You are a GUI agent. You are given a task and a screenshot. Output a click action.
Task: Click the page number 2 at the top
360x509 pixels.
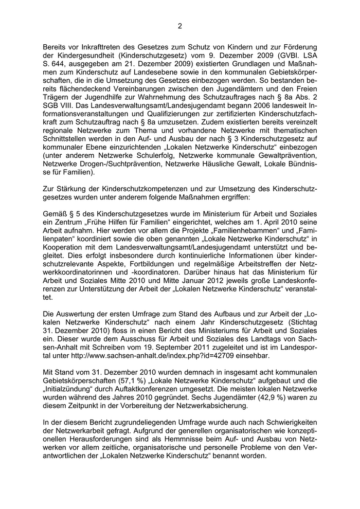pyautogui.click(x=180, y=26)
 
